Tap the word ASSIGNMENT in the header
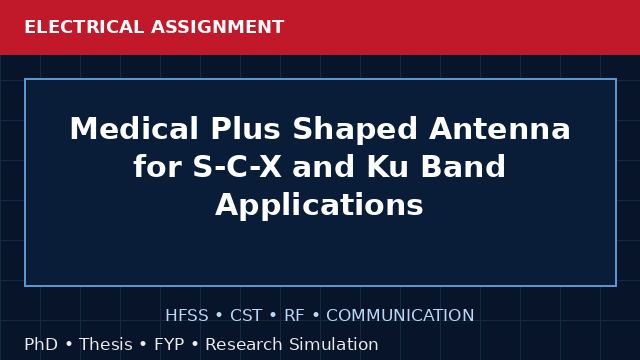pyautogui.click(x=218, y=27)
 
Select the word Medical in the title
pyautogui.click(x=134, y=129)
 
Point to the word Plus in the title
pyautogui.click(x=246, y=129)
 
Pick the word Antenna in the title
pyautogui.click(x=500, y=129)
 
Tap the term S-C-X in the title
pyautogui.click(x=237, y=167)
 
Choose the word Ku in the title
pyautogui.click(x=387, y=167)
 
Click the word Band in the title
pyautogui.click(x=463, y=167)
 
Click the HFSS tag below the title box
pyautogui.click(x=187, y=315)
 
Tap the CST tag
pyautogui.click(x=246, y=315)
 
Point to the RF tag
pyautogui.click(x=294, y=315)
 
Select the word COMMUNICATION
pyautogui.click(x=400, y=315)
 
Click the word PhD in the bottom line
pyautogui.click(x=41, y=344)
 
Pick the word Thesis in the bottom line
pyautogui.click(x=106, y=344)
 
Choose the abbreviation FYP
pyautogui.click(x=169, y=344)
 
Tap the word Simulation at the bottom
pyautogui.click(x=333, y=344)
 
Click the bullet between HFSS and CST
pyautogui.click(x=219, y=316)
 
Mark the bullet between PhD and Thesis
pyautogui.click(x=68, y=344)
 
